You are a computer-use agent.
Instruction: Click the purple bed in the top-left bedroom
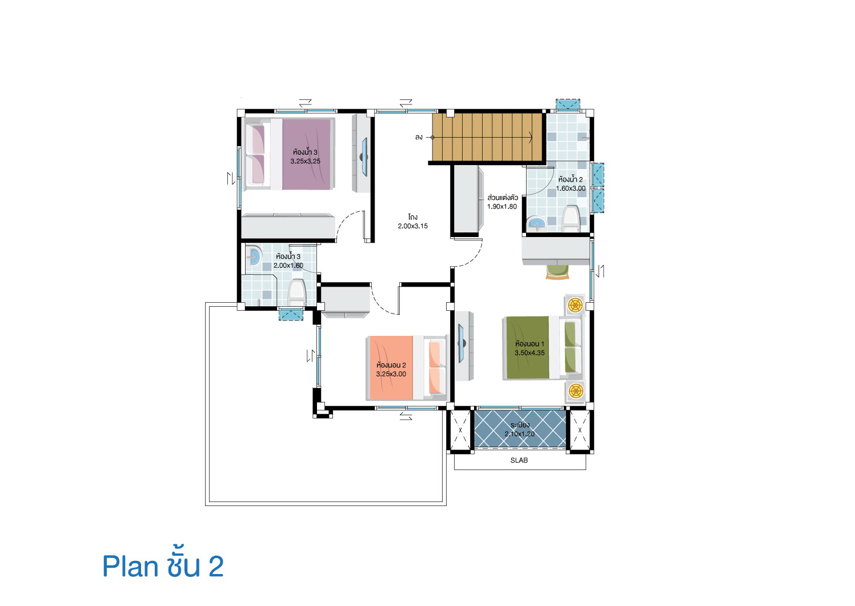290,154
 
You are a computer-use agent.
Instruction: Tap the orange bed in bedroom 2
407,368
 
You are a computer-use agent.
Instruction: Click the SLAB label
519,460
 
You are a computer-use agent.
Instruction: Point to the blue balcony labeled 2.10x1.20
520,429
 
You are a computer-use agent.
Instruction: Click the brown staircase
487,137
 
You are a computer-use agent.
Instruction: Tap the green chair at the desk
557,272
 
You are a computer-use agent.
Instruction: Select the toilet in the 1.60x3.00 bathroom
571,219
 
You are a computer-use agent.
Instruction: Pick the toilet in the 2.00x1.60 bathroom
297,292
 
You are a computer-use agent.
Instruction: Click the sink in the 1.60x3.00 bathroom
537,223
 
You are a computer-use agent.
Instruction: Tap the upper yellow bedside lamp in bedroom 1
575,305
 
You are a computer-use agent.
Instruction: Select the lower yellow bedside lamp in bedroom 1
575,391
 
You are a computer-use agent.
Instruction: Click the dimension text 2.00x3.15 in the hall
412,226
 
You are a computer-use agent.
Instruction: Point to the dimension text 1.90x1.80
502,206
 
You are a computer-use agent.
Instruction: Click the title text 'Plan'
130,567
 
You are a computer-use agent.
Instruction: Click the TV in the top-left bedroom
364,157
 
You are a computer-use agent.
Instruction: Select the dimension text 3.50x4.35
529,353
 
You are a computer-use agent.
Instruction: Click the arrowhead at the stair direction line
531,137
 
